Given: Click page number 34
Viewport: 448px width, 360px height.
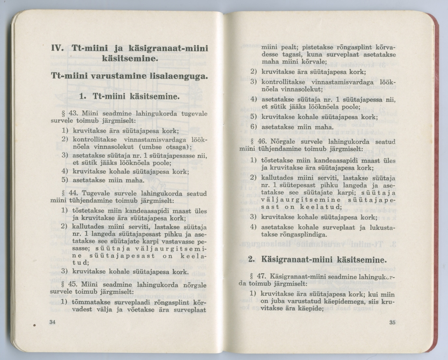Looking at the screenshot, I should coord(52,322).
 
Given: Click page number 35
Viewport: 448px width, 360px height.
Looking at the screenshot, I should coord(392,323).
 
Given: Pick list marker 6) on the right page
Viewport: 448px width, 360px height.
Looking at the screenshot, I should coord(253,127).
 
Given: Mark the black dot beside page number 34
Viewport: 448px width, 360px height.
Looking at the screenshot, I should coord(35,325).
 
